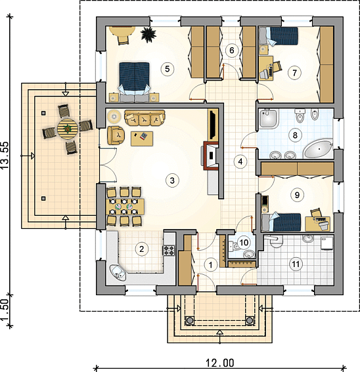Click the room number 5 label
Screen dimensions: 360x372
(167, 69)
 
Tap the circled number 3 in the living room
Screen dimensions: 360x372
(172, 180)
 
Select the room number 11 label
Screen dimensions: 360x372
(296, 264)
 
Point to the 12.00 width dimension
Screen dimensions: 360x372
(219, 363)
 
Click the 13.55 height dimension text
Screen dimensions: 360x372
(5, 155)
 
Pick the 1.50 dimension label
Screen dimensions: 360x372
(5, 311)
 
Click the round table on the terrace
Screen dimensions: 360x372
(68, 129)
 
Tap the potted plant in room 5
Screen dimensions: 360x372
(148, 35)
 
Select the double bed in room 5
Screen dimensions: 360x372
(135, 82)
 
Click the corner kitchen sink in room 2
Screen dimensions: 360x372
(118, 272)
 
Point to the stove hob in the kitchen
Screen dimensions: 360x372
(168, 251)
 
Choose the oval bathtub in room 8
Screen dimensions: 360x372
(319, 149)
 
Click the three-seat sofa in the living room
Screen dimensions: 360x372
(145, 117)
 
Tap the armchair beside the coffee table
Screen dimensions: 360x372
(116, 135)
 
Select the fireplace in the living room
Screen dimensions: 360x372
(210, 156)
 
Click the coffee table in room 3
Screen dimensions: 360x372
(142, 138)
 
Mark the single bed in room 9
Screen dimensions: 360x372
(281, 222)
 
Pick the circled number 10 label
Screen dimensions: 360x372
(244, 243)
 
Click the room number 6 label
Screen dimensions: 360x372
(232, 51)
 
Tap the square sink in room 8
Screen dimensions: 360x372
(269, 118)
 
